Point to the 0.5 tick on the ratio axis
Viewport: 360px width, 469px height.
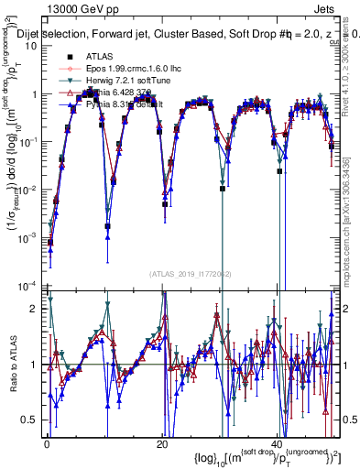click(32, 420)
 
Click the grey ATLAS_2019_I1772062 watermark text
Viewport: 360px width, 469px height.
click(183, 273)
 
